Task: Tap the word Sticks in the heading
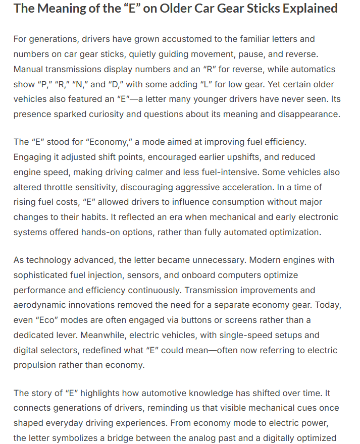[x=248, y=9]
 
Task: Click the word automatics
[x=313, y=69]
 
